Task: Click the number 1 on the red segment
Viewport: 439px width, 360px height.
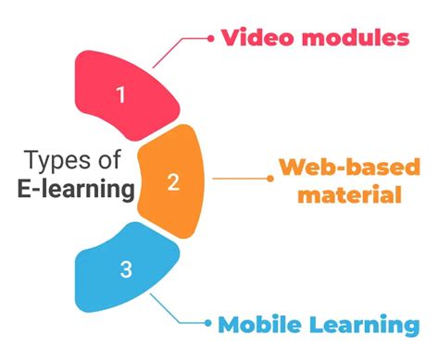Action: click(x=119, y=93)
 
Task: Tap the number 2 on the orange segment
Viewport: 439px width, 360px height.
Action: click(x=173, y=181)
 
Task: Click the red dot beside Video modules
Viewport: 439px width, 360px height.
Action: click(x=209, y=38)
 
